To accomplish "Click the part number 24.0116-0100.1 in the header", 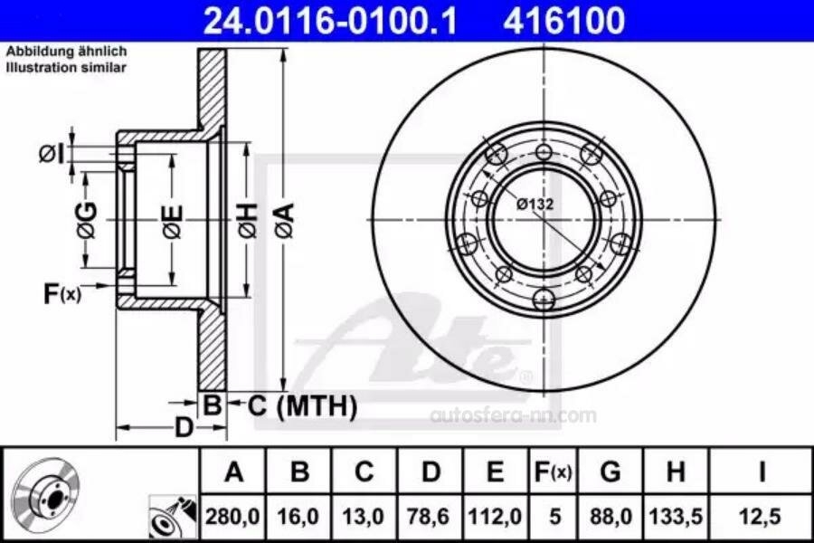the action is pos(330,21).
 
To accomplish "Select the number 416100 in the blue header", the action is pos(563,21).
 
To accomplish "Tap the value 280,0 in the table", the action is pos(232,517).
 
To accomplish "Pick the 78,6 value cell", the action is pos(429,517).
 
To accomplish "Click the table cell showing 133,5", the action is pos(676,517).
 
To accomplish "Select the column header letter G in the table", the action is pos(610,472).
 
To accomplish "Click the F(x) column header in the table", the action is pos(553,472).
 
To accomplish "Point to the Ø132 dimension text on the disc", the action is pos(535,205).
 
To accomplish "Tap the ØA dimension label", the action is pos(286,220).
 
